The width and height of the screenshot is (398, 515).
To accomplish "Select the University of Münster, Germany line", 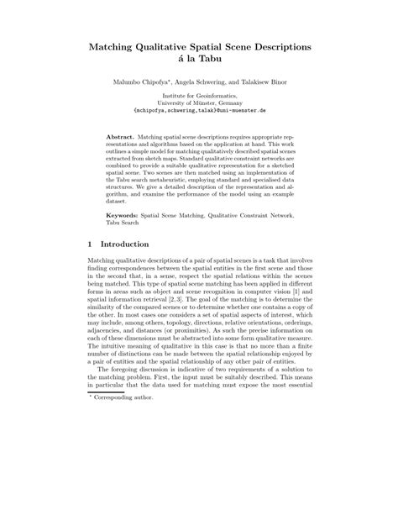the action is [x=199, y=108].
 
